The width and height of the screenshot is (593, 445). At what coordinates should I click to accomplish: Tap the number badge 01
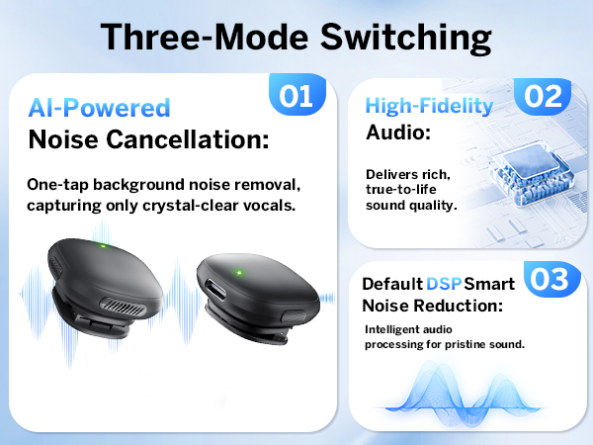point(296,96)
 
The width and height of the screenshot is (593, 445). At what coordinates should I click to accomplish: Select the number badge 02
point(545,96)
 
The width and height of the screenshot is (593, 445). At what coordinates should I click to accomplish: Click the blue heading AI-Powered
point(99,108)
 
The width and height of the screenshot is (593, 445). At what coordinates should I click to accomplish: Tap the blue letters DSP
point(445,284)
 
